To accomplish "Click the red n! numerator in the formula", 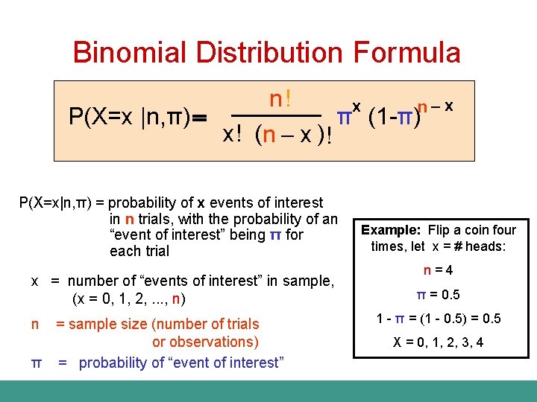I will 280,99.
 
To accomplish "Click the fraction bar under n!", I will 277,116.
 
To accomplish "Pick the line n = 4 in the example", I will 439,270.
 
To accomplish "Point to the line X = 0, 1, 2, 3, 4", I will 439,342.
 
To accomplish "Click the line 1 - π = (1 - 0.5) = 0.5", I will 439,319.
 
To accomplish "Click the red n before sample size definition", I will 35,324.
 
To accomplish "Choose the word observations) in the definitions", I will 205,342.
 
